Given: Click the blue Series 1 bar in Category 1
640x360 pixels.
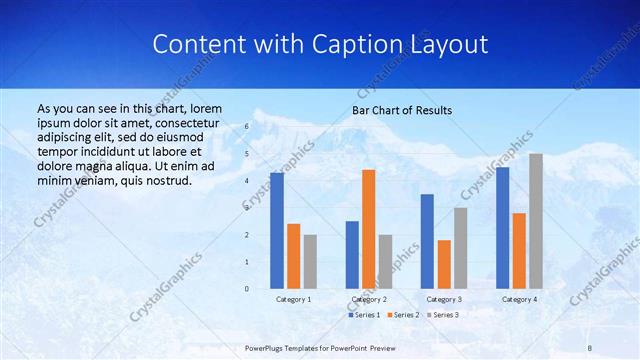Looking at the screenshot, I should (x=277, y=231).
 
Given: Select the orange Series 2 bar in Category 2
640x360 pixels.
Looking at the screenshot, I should (x=368, y=229).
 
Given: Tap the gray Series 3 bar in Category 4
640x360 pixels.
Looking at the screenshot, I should (x=536, y=221).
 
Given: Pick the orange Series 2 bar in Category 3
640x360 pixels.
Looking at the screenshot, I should (x=444, y=264).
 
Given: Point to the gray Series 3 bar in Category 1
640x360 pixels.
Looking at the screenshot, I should (x=310, y=262).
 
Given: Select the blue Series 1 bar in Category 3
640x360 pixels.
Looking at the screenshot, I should (x=427, y=241).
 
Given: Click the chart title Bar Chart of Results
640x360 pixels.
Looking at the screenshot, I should (x=402, y=110).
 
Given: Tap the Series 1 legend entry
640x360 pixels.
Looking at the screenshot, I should (x=364, y=315).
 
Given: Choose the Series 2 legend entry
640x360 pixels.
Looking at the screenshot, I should (x=403, y=315).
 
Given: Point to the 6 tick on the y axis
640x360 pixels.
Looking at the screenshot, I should (x=247, y=127).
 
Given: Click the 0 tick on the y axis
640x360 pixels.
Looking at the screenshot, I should (x=247, y=289).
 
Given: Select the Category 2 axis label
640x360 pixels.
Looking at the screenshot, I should (x=368, y=299).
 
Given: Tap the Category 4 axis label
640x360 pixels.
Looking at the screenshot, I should (x=519, y=299).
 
